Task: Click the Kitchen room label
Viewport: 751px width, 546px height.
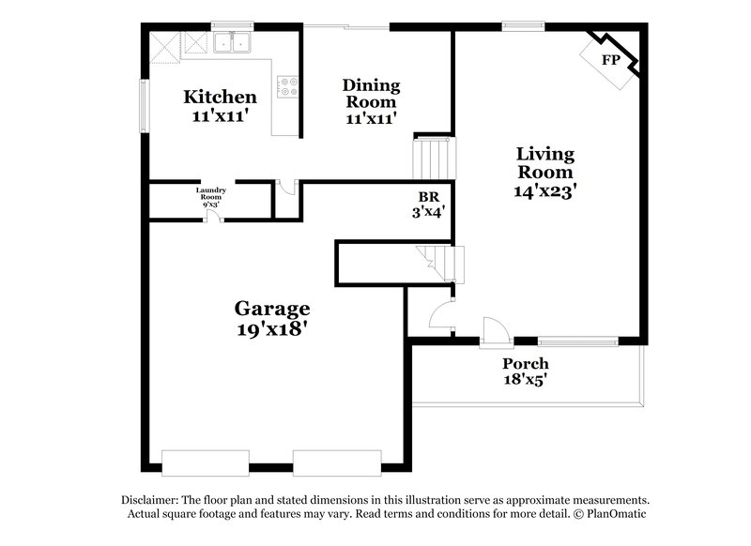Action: click(x=220, y=97)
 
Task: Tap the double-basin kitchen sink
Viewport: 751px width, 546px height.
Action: click(x=231, y=42)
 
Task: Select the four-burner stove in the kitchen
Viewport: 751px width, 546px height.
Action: click(x=287, y=88)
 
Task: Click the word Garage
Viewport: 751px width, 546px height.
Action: click(x=272, y=309)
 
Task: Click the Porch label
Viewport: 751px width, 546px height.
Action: click(x=526, y=364)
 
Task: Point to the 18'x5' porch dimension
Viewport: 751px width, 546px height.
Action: click(x=526, y=381)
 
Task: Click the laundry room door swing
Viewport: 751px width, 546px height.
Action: click(x=215, y=216)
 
